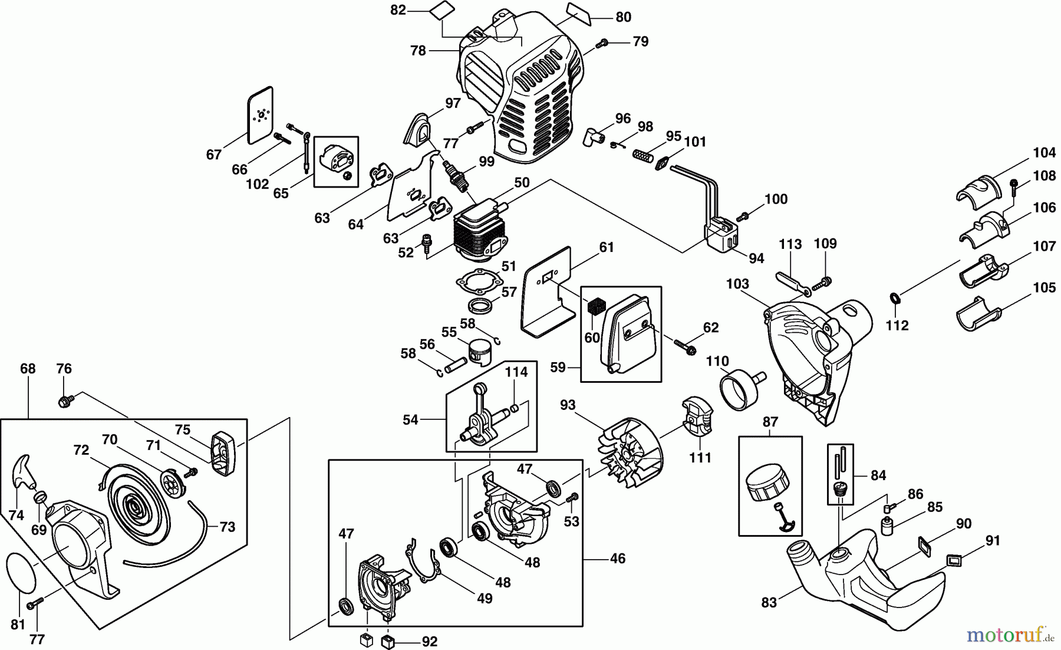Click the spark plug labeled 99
click(456, 175)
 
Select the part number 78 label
click(418, 51)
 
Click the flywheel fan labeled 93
click(630, 453)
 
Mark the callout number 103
click(737, 284)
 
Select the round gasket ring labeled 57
click(480, 306)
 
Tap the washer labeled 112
click(894, 297)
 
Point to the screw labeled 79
click(603, 42)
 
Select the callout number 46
click(617, 558)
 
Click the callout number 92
click(430, 641)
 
